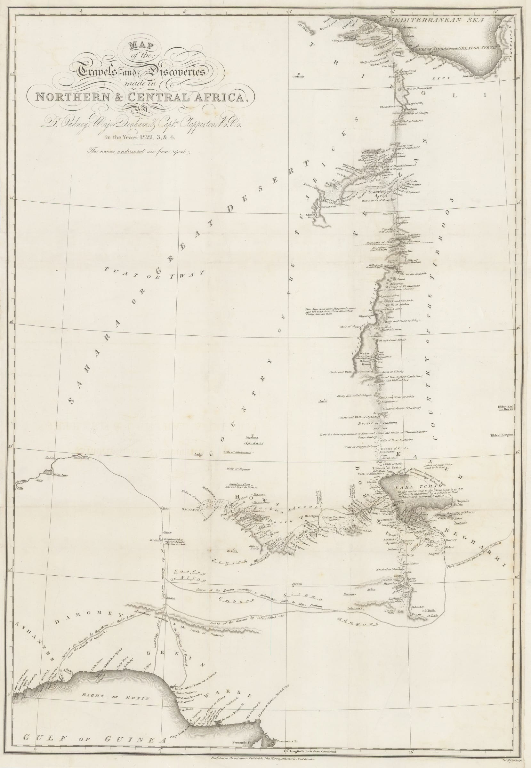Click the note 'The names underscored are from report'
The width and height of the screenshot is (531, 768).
138,151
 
